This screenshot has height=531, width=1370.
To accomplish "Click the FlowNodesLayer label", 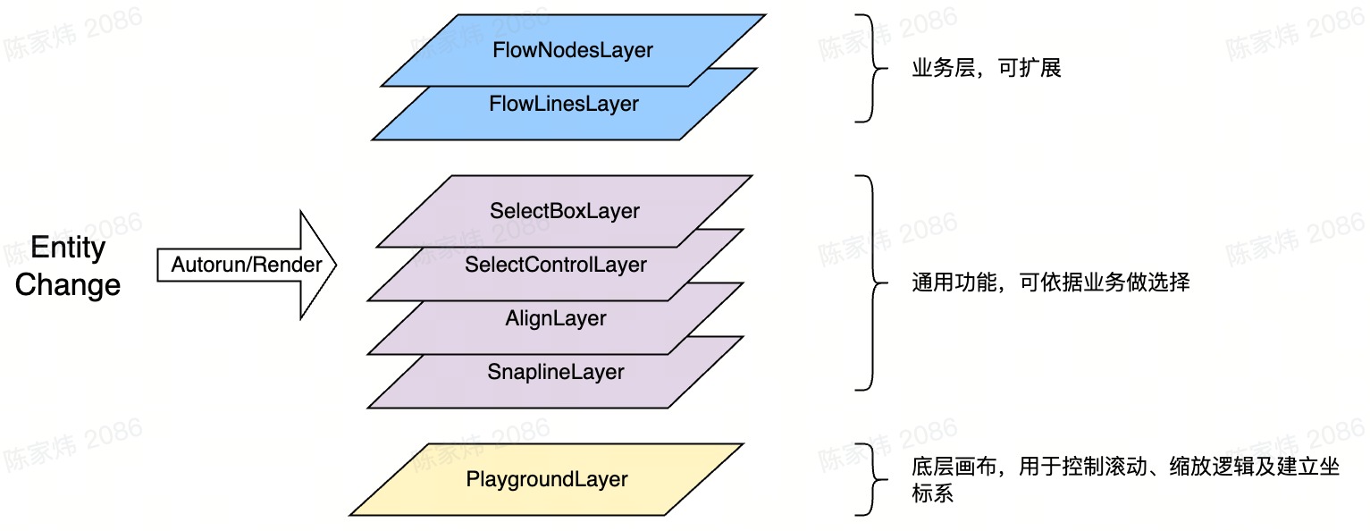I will pos(572,50).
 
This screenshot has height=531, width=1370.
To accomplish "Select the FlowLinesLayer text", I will pos(563,104).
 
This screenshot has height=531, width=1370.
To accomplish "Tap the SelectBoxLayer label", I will pos(564,211).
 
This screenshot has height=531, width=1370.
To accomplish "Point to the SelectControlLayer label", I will pos(555,265).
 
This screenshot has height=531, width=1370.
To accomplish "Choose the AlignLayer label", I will pos(555,318).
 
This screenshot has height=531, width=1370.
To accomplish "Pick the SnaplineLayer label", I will pos(555,372).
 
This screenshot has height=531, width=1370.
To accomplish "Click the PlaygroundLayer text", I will pos(546,479).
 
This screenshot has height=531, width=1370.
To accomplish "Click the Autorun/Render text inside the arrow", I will pos(247,265).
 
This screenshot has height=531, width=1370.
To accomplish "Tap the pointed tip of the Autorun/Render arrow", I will pos(334,265).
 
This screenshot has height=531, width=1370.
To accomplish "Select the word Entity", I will pos(68,248).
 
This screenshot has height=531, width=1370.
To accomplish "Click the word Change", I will pos(68,285).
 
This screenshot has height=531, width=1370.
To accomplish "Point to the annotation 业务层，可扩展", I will pos(986,69).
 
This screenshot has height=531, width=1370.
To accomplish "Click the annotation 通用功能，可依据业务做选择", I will pos(1050,283).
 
